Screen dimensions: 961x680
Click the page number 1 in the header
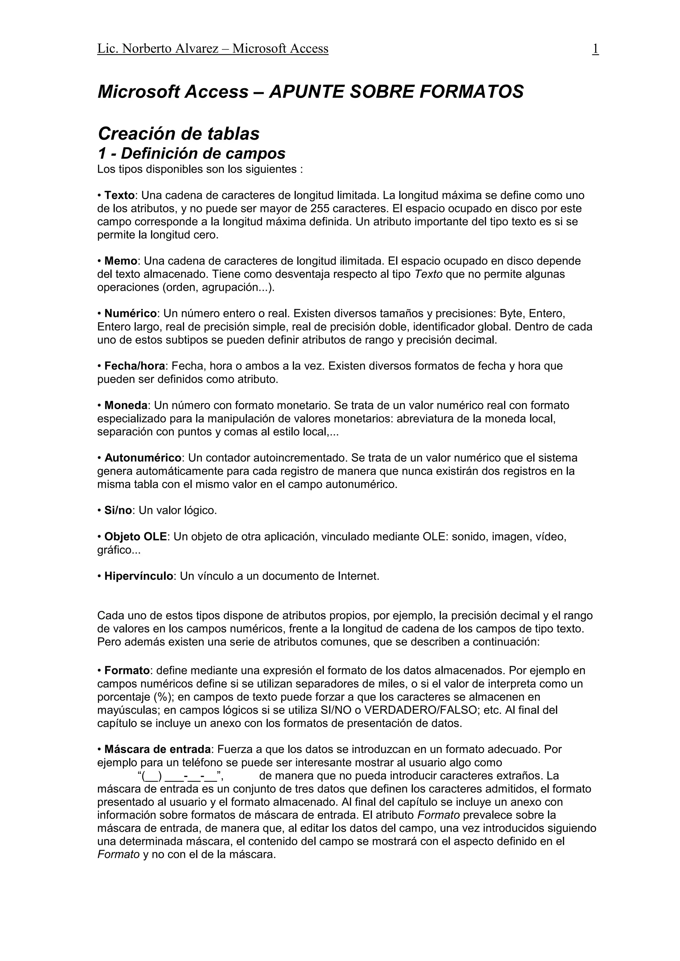595,49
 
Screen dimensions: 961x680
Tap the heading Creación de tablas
178,134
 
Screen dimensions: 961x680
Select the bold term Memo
121,261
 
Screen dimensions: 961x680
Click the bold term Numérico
130,314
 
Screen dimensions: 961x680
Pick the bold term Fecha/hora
134,366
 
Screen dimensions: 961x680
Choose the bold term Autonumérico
143,458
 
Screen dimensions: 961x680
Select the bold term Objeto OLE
136,537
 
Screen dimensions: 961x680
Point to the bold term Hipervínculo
138,576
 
